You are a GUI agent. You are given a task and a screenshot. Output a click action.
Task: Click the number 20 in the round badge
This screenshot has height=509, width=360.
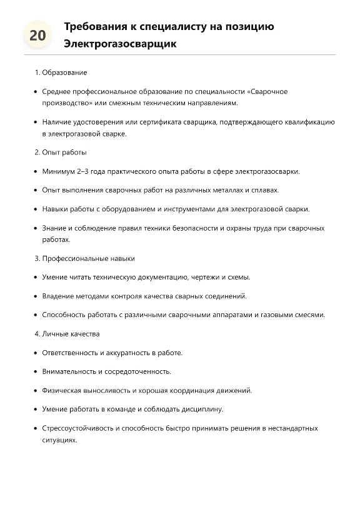pyautogui.click(x=37, y=36)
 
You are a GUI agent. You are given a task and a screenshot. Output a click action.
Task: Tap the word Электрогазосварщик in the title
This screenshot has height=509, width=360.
pyautogui.click(x=120, y=44)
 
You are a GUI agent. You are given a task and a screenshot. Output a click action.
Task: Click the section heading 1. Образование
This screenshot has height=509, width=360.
pyautogui.click(x=61, y=73)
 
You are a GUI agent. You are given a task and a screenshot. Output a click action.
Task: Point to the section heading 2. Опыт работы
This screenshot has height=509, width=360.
pyautogui.click(x=61, y=152)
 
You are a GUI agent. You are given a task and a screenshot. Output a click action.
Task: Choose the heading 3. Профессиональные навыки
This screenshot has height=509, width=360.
pyautogui.click(x=84, y=258)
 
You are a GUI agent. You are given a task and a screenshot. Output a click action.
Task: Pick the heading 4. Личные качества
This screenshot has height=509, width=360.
pyautogui.click(x=67, y=334)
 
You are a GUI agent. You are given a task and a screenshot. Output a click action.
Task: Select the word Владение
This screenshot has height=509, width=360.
pyautogui.click(x=57, y=296)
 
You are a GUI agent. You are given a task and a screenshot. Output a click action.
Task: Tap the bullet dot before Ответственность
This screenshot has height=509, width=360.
pyautogui.click(x=35, y=353)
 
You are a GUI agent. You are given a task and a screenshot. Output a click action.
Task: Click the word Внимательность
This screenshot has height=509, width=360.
pyautogui.click(x=69, y=371)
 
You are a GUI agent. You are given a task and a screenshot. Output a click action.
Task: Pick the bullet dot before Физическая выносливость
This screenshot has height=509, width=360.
pyautogui.click(x=35, y=390)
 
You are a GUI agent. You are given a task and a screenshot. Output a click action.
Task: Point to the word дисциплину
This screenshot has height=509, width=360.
pyautogui.click(x=202, y=409)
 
